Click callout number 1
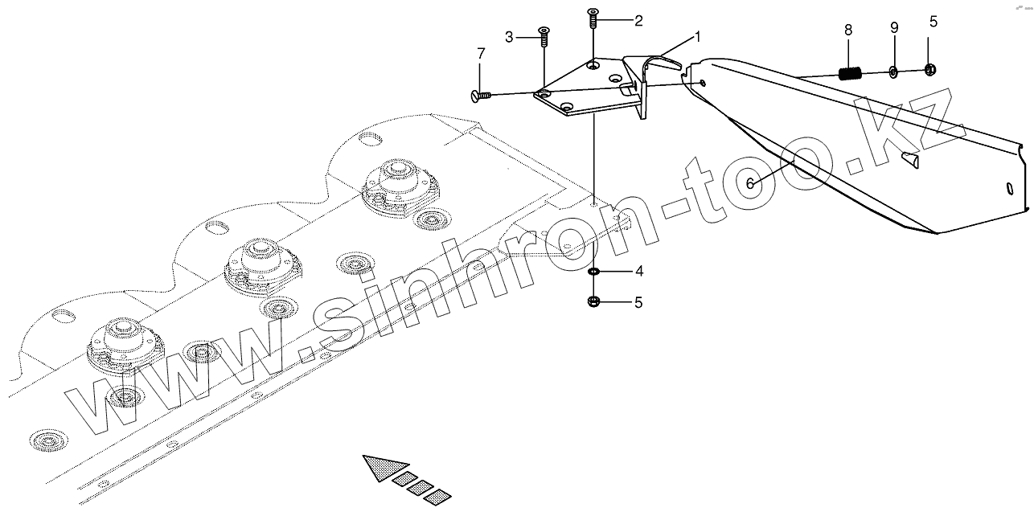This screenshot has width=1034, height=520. [x=698, y=37]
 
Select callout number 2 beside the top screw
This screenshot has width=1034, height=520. [x=638, y=21]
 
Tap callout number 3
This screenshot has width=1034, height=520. [x=509, y=37]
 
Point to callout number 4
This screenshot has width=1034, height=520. [x=639, y=272]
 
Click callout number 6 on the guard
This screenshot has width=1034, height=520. [x=750, y=183]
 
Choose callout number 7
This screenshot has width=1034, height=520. [x=481, y=54]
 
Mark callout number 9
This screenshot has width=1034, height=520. [x=893, y=28]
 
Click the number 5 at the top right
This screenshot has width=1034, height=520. [x=933, y=22]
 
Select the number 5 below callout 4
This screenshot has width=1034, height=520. [x=639, y=303]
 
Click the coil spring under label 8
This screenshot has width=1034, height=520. [x=850, y=74]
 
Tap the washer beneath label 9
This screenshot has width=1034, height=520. [x=893, y=72]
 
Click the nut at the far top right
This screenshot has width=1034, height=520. [x=929, y=70]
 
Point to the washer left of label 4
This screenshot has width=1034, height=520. [x=593, y=272]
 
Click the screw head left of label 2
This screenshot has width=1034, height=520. [x=593, y=14]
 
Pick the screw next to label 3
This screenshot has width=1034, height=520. [x=544, y=33]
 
